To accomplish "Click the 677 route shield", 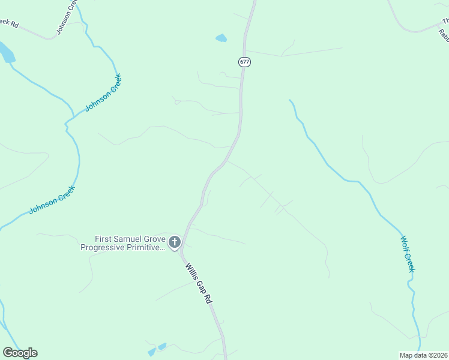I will pyautogui.click(x=244, y=62).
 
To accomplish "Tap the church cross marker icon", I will pyautogui.click(x=175, y=242).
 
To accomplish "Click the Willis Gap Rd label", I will pyautogui.click(x=199, y=283).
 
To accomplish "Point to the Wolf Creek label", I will pyautogui.click(x=408, y=254).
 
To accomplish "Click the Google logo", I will pyautogui.click(x=20, y=353).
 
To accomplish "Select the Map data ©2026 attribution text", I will pyautogui.click(x=424, y=355).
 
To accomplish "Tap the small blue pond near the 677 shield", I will pyautogui.click(x=221, y=38).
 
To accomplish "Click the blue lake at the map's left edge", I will pyautogui.click(x=6, y=53).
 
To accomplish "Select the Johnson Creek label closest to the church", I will pyautogui.click(x=52, y=199).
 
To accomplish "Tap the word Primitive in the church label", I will pyautogui.click(x=146, y=247).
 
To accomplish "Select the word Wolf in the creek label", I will pyautogui.click(x=405, y=244).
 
